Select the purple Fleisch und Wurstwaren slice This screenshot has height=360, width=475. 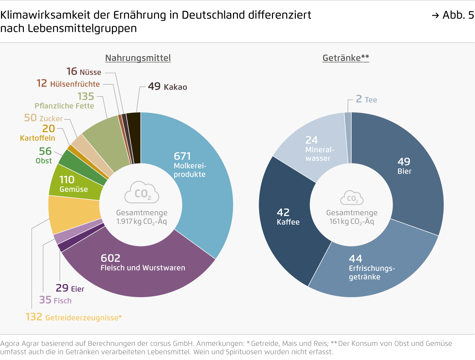[141, 269]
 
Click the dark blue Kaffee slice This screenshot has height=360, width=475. [286, 218]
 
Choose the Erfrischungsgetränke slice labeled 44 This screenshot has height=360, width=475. [370, 269]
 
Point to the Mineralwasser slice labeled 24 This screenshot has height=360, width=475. [316, 148]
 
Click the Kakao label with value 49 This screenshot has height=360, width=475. [167, 87]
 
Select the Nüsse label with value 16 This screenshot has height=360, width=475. [84, 72]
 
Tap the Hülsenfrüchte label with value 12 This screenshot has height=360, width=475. [68, 83]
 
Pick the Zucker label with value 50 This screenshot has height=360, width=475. [43, 118]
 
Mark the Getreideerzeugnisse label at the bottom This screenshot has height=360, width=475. [74, 317]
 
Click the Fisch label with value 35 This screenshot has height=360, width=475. [55, 300]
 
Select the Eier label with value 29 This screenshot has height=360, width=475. [70, 288]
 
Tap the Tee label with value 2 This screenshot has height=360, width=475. [366, 99]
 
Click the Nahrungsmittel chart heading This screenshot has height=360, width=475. [138, 58]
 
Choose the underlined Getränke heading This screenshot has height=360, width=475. [346, 58]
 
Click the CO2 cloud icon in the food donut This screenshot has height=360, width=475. [142, 193]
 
